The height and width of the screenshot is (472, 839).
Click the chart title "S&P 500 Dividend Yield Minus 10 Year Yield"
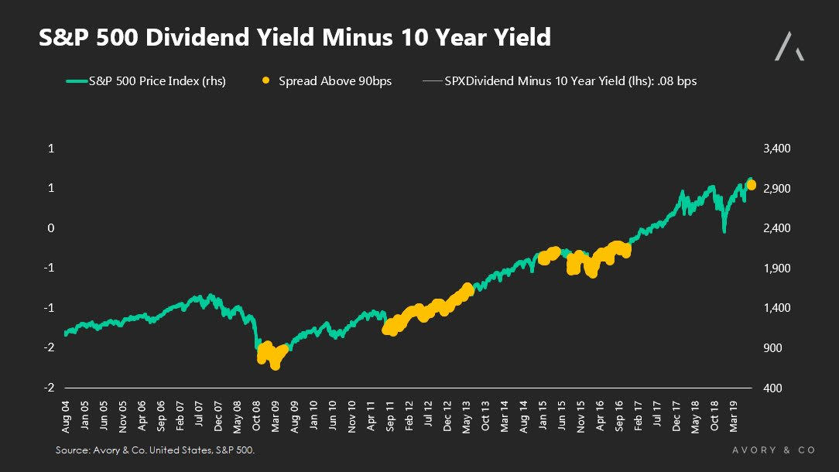295,37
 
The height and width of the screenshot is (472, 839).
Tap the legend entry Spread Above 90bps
335,80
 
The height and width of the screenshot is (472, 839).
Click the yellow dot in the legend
266,80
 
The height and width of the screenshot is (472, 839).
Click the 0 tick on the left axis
51,228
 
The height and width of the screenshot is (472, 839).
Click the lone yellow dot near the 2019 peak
751,184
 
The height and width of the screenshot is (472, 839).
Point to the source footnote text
155,450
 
